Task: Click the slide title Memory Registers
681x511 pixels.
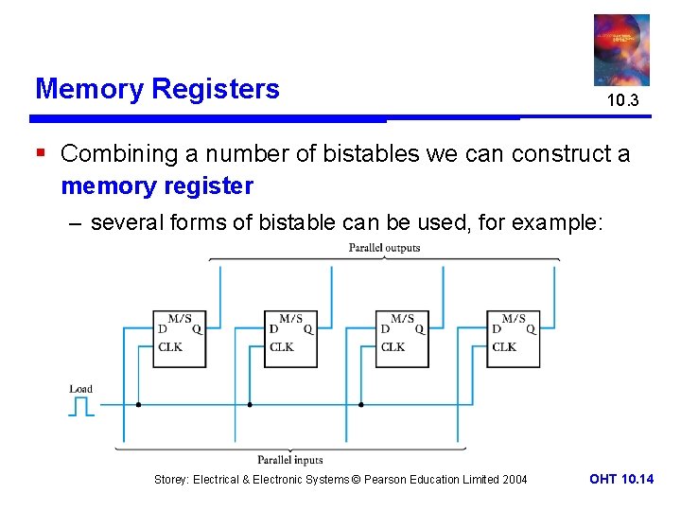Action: click(x=157, y=89)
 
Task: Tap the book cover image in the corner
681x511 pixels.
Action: click(x=621, y=50)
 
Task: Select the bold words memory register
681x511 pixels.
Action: click(x=157, y=185)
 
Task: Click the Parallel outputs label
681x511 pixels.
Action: click(x=384, y=248)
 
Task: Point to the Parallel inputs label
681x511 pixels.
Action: click(x=289, y=460)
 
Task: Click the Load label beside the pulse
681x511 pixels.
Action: click(x=81, y=389)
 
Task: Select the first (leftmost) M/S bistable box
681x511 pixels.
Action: click(x=179, y=339)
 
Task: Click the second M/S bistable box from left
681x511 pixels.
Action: click(x=290, y=339)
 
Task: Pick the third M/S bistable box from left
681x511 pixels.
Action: click(x=402, y=339)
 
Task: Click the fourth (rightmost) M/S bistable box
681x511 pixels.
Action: click(x=514, y=339)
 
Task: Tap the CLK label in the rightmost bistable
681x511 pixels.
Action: click(x=504, y=347)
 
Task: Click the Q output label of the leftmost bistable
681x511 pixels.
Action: click(x=197, y=329)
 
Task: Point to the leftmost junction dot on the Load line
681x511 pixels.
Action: click(x=138, y=405)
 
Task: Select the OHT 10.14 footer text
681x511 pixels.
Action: click(x=620, y=480)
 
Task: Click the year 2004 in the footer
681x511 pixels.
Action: click(x=515, y=480)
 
